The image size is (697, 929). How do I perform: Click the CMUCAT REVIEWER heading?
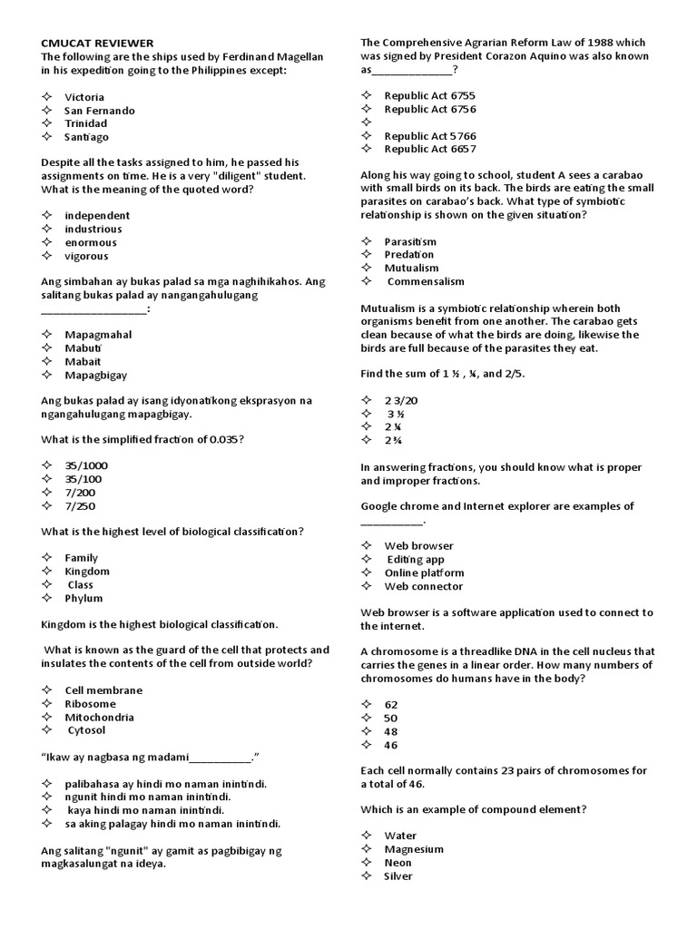pos(98,43)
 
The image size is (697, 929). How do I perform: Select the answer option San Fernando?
pos(100,111)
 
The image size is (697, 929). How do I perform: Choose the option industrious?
pos(93,230)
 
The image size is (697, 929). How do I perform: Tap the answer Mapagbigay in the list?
pos(96,376)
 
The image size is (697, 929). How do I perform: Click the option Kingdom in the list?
pos(87,572)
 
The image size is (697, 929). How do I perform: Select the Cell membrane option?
pos(103,690)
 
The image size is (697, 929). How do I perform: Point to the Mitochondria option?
pos(100,718)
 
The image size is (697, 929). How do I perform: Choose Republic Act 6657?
pos(430,149)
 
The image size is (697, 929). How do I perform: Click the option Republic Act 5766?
pos(430,136)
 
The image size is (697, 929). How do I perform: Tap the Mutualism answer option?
pos(411,269)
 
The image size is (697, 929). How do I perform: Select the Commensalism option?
pos(426,282)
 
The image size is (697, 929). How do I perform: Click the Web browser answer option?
pos(418,546)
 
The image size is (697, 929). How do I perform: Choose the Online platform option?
pos(424,573)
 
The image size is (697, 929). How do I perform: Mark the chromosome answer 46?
pos(391,745)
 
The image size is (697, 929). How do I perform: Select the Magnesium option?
pos(414,849)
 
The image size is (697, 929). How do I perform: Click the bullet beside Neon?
pos(367,863)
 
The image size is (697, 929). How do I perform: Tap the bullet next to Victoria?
pos(47,97)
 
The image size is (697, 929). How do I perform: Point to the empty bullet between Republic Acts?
pos(367,122)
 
